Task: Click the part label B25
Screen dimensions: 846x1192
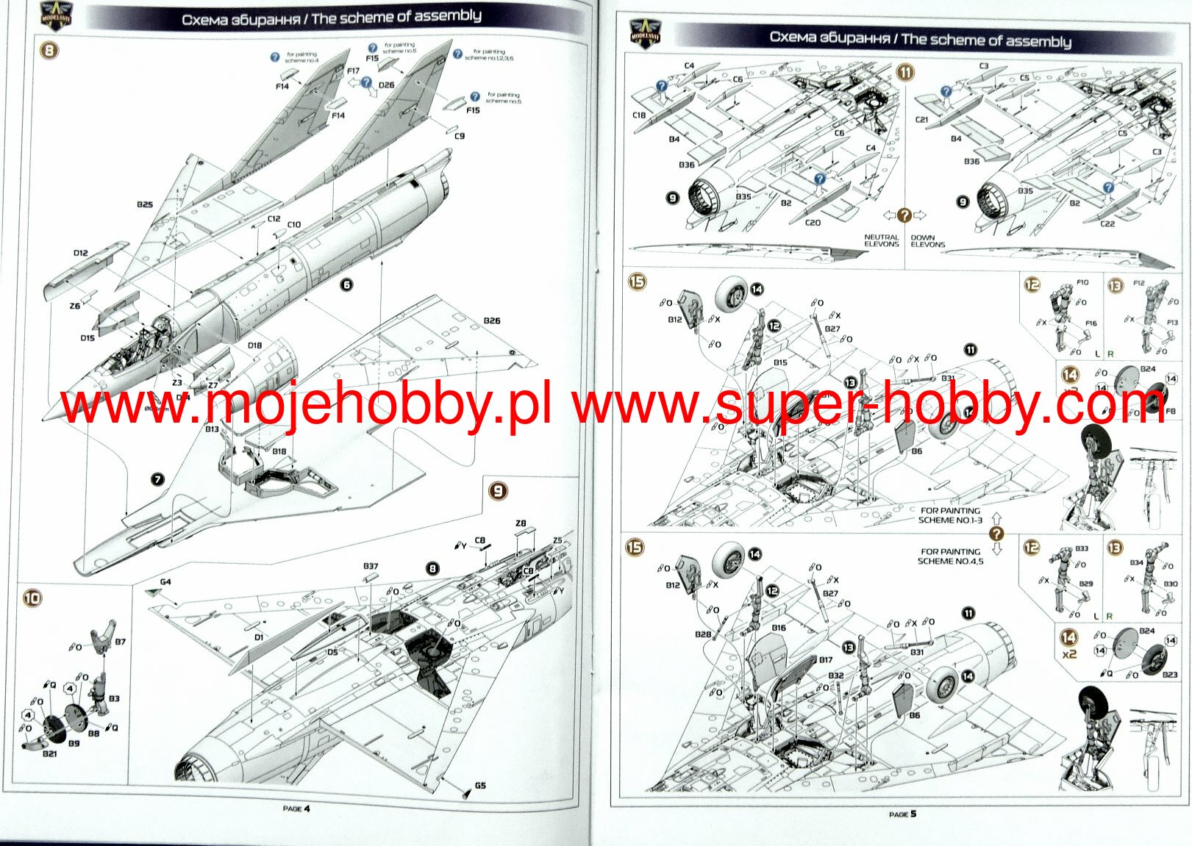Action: pyautogui.click(x=145, y=204)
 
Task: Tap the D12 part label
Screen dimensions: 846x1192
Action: pyautogui.click(x=81, y=253)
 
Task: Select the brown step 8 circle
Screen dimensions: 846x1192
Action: pyautogui.click(x=49, y=51)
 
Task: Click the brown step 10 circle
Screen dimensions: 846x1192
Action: pyautogui.click(x=32, y=598)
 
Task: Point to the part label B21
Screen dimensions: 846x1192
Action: pyautogui.click(x=49, y=754)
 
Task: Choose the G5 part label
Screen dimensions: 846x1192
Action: pyautogui.click(x=480, y=785)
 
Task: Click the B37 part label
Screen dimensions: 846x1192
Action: pyautogui.click(x=371, y=566)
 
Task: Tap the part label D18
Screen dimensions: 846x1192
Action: pyautogui.click(x=254, y=345)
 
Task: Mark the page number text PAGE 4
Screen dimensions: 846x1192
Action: pyautogui.click(x=296, y=809)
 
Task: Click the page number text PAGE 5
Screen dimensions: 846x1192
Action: pyautogui.click(x=902, y=814)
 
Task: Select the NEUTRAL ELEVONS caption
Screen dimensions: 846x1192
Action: pyautogui.click(x=881, y=240)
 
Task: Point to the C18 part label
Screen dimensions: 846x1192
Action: pyautogui.click(x=639, y=115)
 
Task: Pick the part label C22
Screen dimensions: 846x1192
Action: pyautogui.click(x=1107, y=223)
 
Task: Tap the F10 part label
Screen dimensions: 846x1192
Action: pyautogui.click(x=1082, y=282)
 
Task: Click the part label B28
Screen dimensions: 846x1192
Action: pyautogui.click(x=702, y=634)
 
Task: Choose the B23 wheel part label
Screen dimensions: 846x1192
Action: pyautogui.click(x=1169, y=674)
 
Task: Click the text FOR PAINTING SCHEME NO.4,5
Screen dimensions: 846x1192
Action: pyautogui.click(x=950, y=556)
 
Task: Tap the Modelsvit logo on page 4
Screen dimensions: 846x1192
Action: pyautogui.click(x=55, y=15)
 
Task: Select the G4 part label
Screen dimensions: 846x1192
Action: pyautogui.click(x=165, y=582)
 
